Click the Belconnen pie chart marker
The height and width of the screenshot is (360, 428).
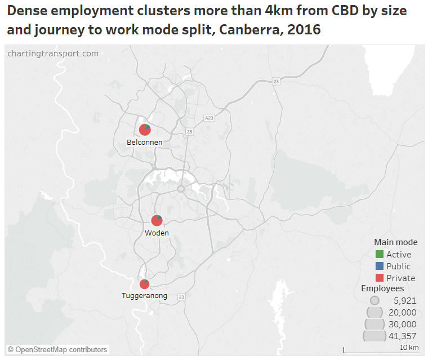pyautogui.click(x=145, y=130)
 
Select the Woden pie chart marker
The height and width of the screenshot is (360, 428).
pyautogui.click(x=157, y=220)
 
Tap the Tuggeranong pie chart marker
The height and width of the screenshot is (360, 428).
pyautogui.click(x=145, y=284)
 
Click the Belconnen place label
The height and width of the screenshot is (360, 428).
pyautogui.click(x=145, y=143)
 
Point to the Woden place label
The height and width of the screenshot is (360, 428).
pyautogui.click(x=157, y=233)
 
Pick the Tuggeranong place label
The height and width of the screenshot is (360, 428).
pyautogui.click(x=144, y=296)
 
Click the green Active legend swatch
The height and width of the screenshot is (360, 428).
pyautogui.click(x=379, y=255)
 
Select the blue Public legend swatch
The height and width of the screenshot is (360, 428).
pyautogui.click(x=379, y=266)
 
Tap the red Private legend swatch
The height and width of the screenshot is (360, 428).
pyautogui.click(x=379, y=278)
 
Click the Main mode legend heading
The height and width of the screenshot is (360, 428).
pyautogui.click(x=395, y=242)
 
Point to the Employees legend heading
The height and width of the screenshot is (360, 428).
pyautogui.click(x=382, y=288)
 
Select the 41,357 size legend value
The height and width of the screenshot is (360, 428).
pyautogui.click(x=402, y=336)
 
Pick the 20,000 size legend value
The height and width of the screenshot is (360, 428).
pyautogui.click(x=402, y=313)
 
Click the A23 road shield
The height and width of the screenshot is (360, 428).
pyautogui.click(x=209, y=118)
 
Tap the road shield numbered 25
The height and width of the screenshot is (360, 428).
pyautogui.click(x=189, y=132)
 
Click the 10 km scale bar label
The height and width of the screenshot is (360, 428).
pyautogui.click(x=409, y=348)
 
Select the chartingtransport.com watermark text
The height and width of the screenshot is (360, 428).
pyautogui.click(x=53, y=54)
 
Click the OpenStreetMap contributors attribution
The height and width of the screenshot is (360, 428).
pyautogui.click(x=57, y=350)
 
